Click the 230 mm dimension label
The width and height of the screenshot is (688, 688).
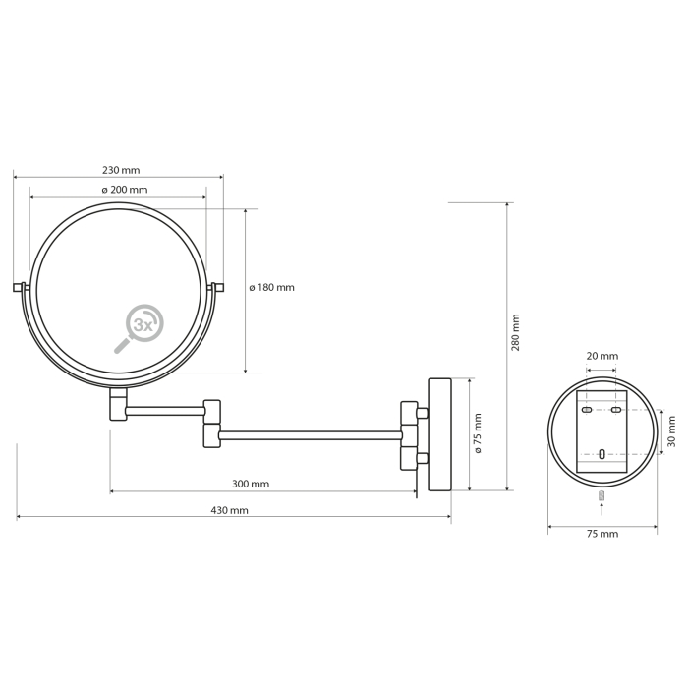coord(121,170)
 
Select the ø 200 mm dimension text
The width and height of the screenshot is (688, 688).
coord(124,190)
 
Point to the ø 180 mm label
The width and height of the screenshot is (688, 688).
coord(271,288)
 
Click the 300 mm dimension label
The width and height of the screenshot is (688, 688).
coord(251,484)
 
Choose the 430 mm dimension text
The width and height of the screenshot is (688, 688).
coord(229,510)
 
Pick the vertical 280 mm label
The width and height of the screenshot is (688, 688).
coord(516,332)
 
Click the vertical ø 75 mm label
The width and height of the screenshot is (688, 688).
coord(478,433)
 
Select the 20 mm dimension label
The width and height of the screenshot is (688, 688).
coord(602,356)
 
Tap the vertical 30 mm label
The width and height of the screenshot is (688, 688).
coord(671,431)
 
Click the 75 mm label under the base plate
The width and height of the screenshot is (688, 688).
coord(602,534)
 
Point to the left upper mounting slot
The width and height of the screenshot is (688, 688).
coord(587,410)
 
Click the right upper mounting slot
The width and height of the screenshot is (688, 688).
coord(616,410)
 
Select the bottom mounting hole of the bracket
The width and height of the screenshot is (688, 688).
coord(602,454)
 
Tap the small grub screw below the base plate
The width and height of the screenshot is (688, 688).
coord(602,495)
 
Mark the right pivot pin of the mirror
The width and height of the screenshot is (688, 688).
coord(216,287)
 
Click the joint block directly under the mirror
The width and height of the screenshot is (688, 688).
coord(118,404)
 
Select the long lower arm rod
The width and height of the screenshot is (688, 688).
coord(311,435)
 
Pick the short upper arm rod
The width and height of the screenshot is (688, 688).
coord(165,411)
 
